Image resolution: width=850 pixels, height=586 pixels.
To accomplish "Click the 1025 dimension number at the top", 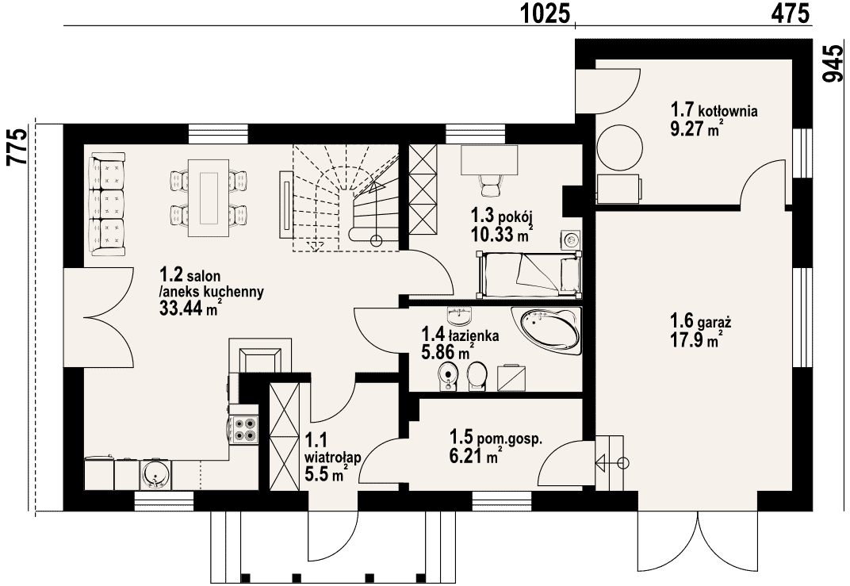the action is point(546,13).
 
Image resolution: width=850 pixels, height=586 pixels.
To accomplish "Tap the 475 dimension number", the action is point(790,13).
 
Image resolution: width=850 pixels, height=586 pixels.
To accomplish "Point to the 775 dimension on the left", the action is point(16,147).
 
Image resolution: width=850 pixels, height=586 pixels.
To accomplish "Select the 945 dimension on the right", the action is point(833,63).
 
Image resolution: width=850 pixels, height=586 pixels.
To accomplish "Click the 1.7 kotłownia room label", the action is point(714,110).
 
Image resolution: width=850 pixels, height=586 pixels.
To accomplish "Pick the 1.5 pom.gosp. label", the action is point(496,438).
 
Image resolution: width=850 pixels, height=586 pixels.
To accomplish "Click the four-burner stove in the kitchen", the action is point(243,428).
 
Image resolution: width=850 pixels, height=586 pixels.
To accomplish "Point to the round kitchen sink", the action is point(155,475).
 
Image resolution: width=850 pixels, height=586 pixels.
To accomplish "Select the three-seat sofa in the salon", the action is point(107,204).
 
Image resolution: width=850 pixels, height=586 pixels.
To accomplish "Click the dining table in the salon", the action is point(209,198).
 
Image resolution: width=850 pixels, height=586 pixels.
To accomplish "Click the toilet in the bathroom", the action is point(477,376).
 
